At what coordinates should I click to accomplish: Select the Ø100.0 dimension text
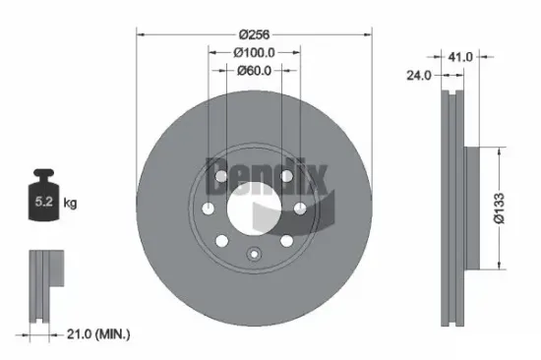tap(254, 51)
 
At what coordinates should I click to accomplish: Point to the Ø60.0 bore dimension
tap(255, 70)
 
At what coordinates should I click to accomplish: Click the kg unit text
tap(70, 205)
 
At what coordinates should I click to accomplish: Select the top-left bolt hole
tap(226, 176)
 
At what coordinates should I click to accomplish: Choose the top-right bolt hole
tap(283, 176)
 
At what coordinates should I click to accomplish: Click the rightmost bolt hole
tap(300, 208)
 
